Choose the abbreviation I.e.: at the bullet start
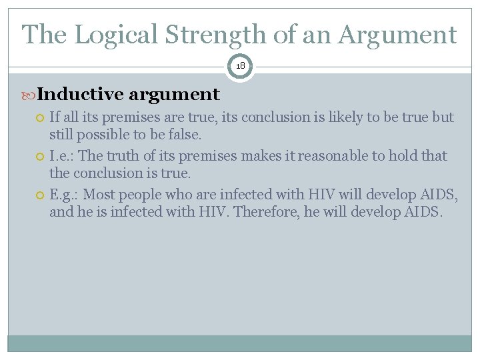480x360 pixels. click(62, 156)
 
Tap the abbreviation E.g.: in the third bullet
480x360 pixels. click(64, 195)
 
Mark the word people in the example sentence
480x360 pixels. click(138, 195)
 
